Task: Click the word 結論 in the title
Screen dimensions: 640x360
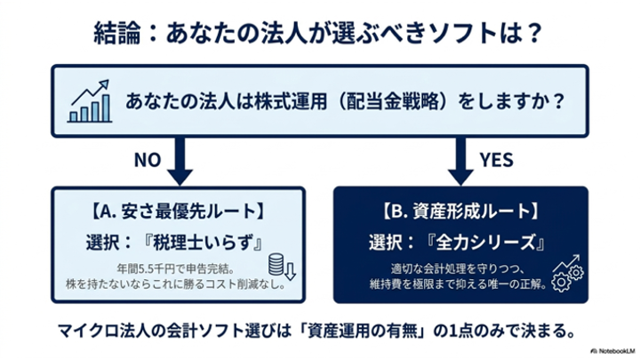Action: (x=117, y=33)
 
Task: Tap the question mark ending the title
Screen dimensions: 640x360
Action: (x=533, y=33)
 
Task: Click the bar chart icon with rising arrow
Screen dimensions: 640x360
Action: (x=90, y=101)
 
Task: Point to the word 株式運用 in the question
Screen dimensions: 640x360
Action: (x=291, y=100)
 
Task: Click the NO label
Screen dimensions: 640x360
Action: (x=148, y=160)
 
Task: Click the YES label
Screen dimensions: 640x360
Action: (x=496, y=160)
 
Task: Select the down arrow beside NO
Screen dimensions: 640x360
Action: (x=180, y=161)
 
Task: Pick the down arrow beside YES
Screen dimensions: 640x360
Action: (x=460, y=161)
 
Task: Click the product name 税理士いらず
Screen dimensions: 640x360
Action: (x=202, y=243)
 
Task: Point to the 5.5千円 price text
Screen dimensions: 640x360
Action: (x=157, y=269)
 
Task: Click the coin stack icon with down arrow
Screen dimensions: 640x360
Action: (x=282, y=266)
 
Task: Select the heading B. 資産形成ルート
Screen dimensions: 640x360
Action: (x=460, y=211)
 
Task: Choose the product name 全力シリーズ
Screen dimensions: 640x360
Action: (x=485, y=243)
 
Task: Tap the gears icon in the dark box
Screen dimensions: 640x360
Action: (x=567, y=273)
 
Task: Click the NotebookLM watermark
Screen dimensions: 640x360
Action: (x=613, y=350)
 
